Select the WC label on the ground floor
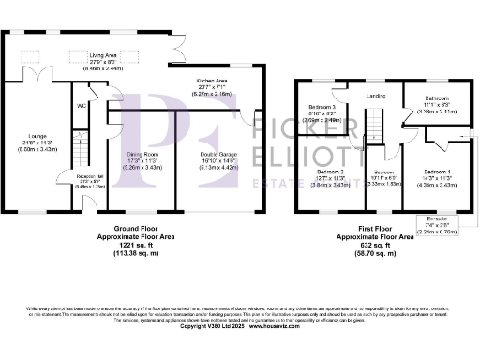click(82, 106)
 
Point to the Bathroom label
click(434, 97)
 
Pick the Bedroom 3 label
click(322, 108)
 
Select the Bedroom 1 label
click(437, 172)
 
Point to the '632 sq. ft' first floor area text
click(375, 245)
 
